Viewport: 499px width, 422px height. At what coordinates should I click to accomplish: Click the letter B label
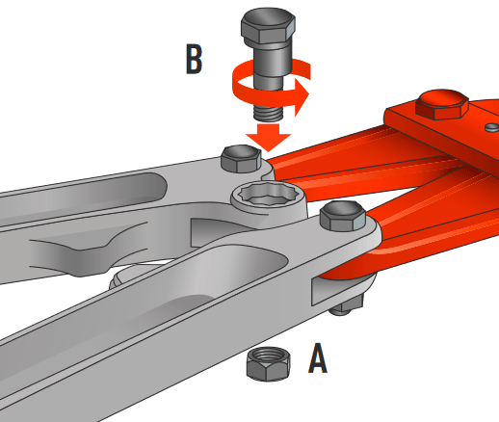[x=194, y=60]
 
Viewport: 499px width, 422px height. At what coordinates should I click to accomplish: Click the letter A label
[x=318, y=358]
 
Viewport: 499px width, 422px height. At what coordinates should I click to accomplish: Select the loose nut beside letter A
[x=269, y=364]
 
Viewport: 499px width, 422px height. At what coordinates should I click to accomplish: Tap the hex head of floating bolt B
[x=268, y=26]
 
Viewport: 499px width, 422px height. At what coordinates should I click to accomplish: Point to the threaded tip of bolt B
[x=269, y=113]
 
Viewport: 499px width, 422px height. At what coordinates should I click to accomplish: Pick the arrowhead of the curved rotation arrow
[x=302, y=95]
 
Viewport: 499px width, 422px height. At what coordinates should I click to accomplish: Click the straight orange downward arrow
[x=268, y=137]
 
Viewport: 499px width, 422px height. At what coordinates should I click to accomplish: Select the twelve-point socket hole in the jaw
[x=269, y=194]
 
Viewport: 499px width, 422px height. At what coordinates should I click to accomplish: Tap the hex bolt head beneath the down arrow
[x=241, y=158]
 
